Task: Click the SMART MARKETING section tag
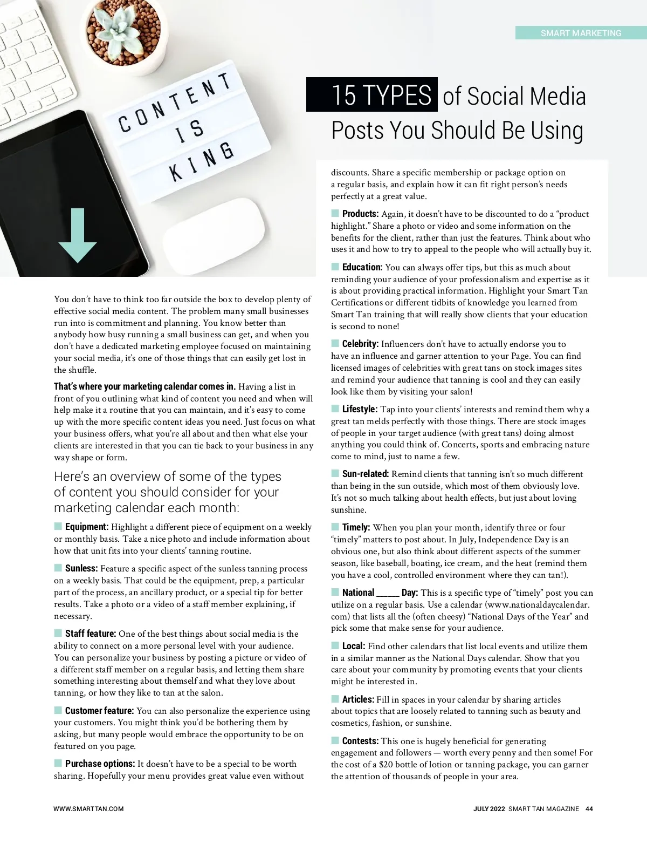pyautogui.click(x=581, y=33)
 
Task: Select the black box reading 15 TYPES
pyautogui.click(x=372, y=95)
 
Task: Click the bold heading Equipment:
pyautogui.click(x=87, y=527)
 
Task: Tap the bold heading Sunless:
pyautogui.click(x=81, y=568)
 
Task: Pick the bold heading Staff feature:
pyautogui.click(x=91, y=634)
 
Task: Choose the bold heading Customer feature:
pyautogui.click(x=99, y=711)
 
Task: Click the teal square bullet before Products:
pyautogui.click(x=335, y=214)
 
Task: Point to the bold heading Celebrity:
pyautogui.click(x=360, y=344)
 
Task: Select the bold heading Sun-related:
pyautogui.click(x=365, y=474)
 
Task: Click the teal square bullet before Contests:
pyautogui.click(x=335, y=741)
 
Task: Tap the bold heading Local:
pyautogui.click(x=354, y=646)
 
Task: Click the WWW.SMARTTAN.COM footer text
pyautogui.click(x=88, y=809)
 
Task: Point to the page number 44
pyautogui.click(x=589, y=809)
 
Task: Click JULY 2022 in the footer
pyautogui.click(x=489, y=809)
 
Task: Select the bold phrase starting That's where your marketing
pyautogui.click(x=144, y=386)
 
